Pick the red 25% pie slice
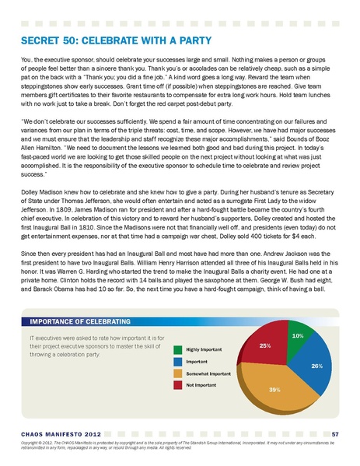click(267, 348)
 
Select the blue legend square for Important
click(178, 361)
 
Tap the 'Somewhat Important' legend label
click(209, 373)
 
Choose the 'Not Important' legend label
click(203, 385)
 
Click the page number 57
click(334, 433)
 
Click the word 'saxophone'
click(210, 272)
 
